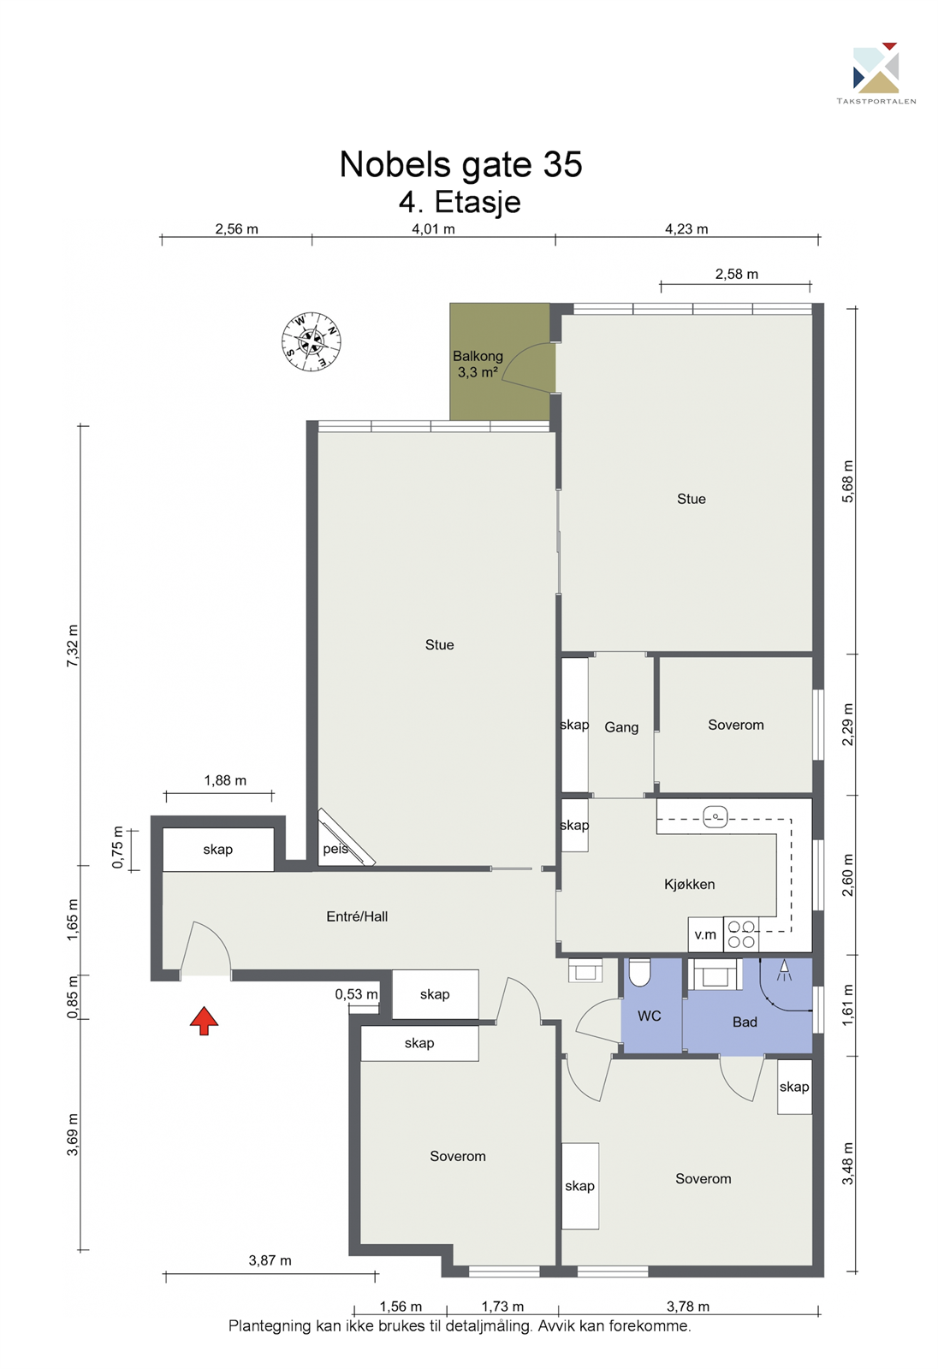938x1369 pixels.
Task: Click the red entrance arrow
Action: click(204, 1020)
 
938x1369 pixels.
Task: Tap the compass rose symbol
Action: click(312, 341)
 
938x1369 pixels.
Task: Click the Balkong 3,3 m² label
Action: click(478, 364)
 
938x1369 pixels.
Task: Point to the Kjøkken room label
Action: click(689, 884)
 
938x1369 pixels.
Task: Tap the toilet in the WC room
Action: click(639, 972)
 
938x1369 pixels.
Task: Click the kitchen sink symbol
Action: click(715, 817)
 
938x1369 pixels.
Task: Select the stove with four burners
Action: click(741, 934)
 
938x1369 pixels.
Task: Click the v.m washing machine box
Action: click(705, 934)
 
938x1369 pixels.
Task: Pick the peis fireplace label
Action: click(335, 849)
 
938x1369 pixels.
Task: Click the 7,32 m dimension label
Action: click(73, 646)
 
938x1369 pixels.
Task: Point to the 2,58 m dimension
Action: click(736, 275)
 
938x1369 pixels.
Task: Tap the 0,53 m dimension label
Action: click(356, 994)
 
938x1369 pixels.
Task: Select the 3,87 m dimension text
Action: click(270, 1260)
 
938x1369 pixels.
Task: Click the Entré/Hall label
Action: click(357, 916)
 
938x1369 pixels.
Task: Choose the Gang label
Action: click(621, 727)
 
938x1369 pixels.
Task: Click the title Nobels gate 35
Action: click(460, 164)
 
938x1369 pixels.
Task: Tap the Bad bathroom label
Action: click(745, 1022)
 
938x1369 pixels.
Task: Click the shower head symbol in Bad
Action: click(784, 971)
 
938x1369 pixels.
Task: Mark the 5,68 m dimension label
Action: click(848, 482)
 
